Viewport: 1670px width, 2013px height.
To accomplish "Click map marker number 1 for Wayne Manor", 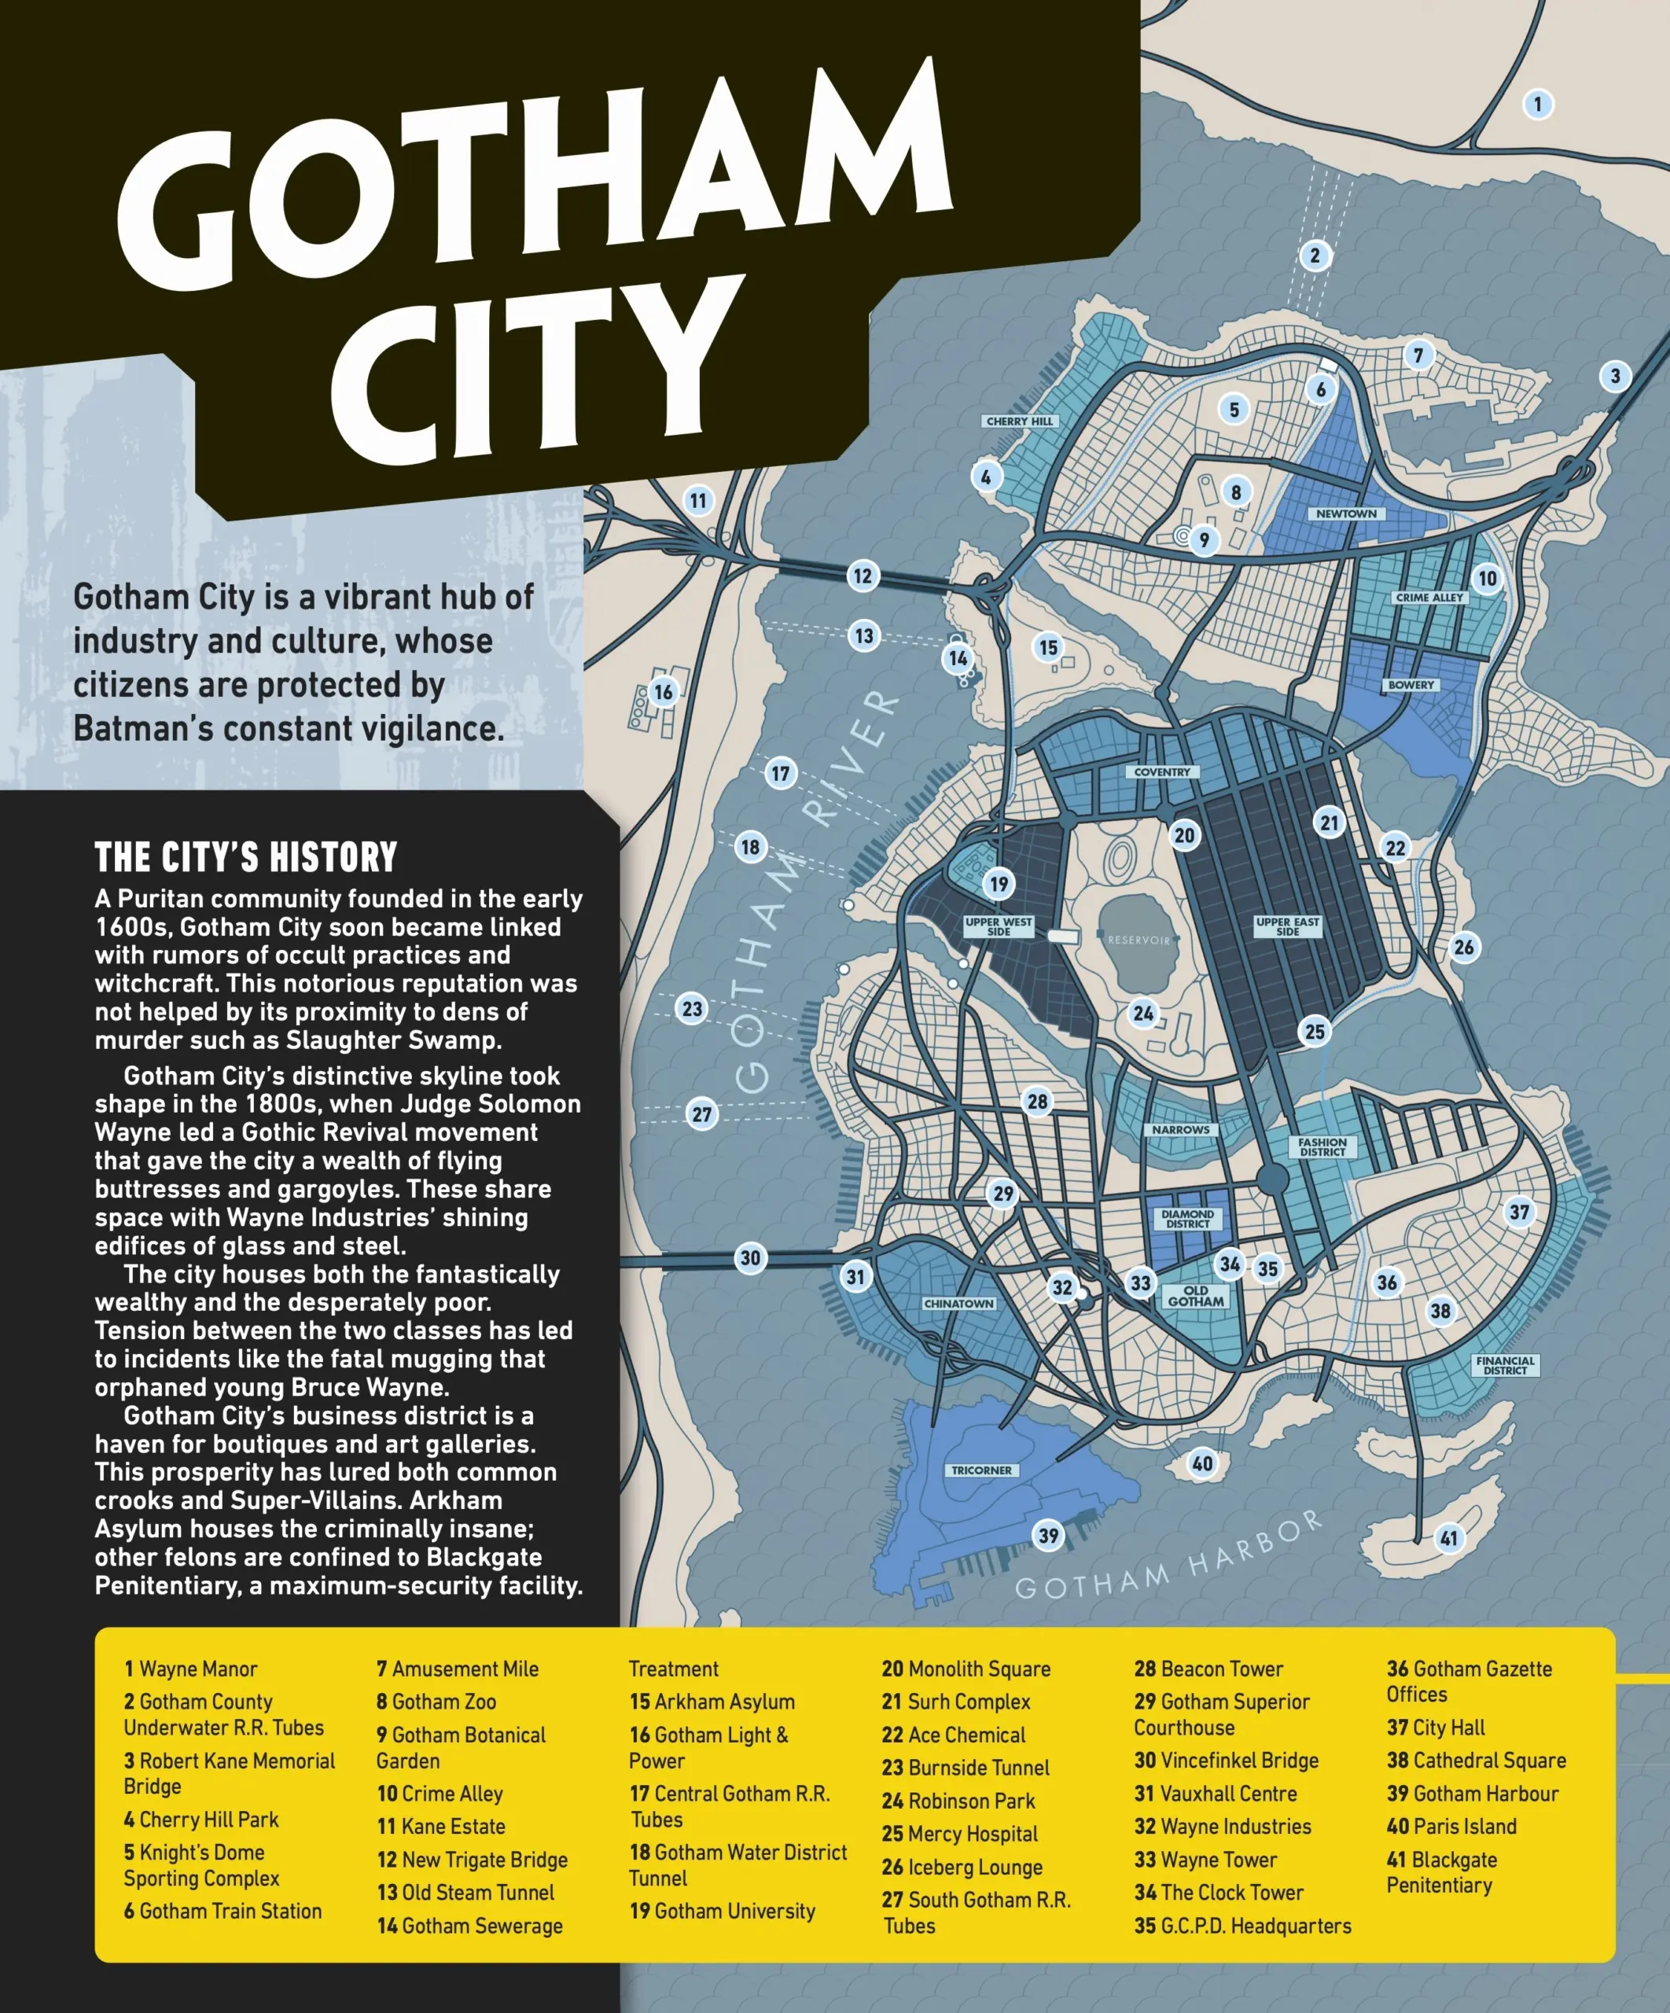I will click(1538, 105).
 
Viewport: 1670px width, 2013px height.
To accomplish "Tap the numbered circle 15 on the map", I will click(1049, 647).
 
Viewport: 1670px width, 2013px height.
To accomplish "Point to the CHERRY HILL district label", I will click(1019, 421).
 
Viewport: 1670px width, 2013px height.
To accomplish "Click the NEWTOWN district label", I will click(1346, 513).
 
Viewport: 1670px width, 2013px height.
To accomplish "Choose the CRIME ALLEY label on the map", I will click(1429, 597).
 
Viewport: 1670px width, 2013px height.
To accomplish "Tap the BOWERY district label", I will click(1411, 686).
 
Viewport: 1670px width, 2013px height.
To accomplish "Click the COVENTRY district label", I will click(1162, 771).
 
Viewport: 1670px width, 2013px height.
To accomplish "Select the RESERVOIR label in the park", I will click(1139, 940).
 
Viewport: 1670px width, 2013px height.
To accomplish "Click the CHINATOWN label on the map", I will click(958, 1304).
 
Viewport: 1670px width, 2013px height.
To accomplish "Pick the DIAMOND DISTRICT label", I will click(1188, 1220).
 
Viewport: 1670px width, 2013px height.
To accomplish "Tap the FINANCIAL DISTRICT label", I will click(1505, 1365).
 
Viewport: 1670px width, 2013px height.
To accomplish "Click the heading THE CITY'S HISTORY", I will click(245, 857).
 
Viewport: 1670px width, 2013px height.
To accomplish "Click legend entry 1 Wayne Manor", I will click(191, 1669).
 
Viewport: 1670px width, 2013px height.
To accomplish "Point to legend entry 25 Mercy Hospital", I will click(960, 1834).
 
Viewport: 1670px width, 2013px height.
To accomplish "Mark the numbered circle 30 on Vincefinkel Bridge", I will click(751, 1259).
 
